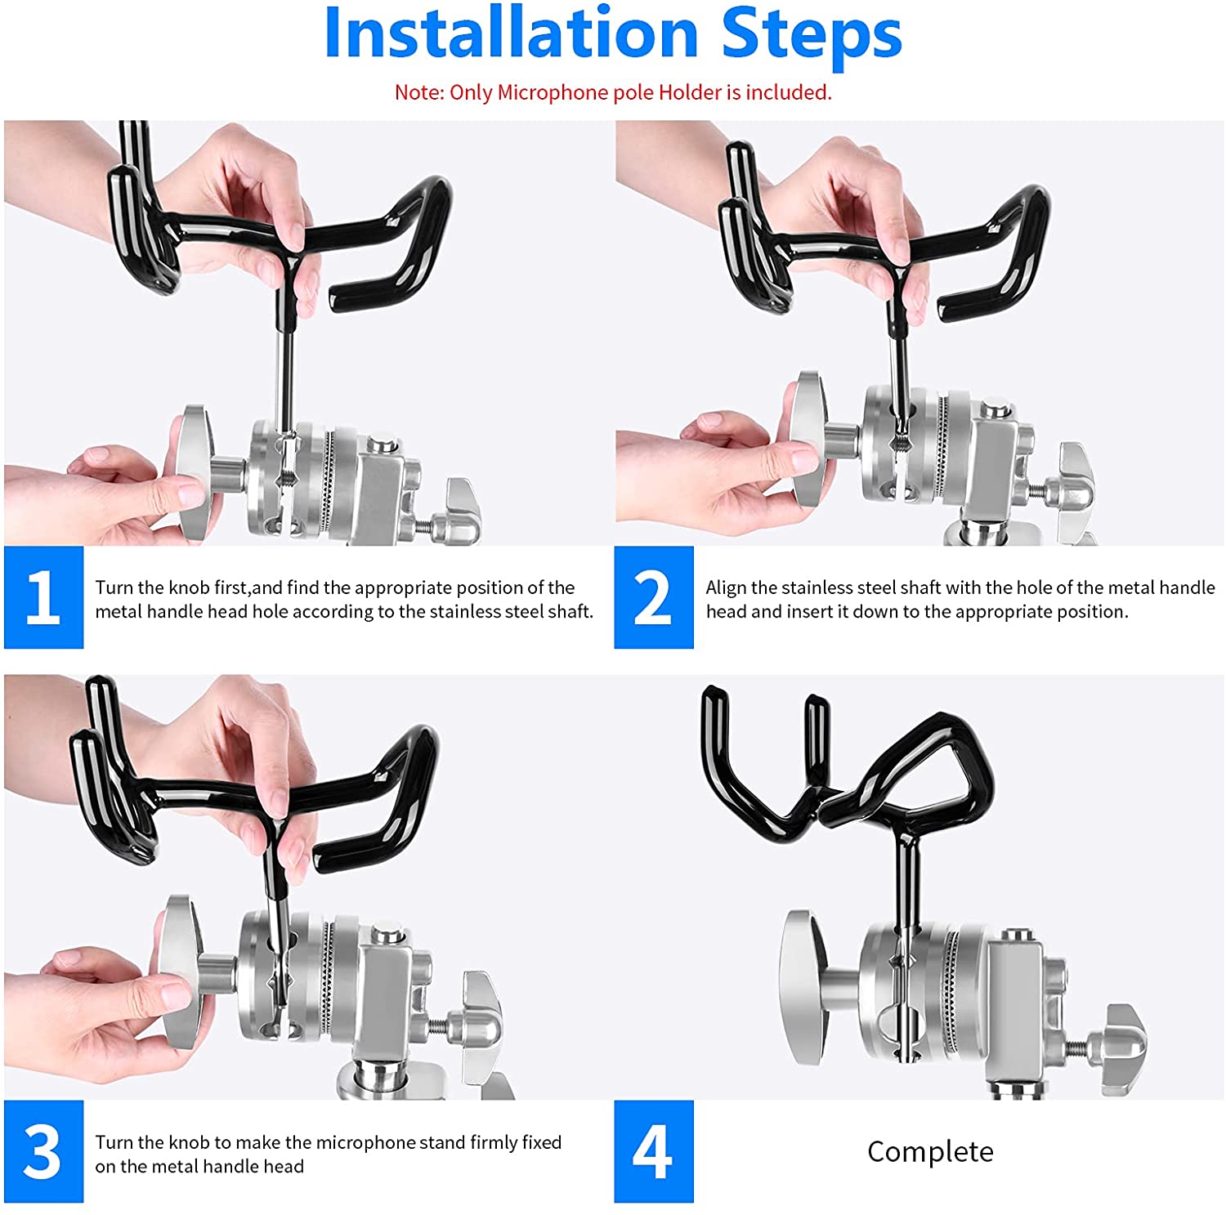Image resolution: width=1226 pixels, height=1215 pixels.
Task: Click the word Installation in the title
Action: pos(511,33)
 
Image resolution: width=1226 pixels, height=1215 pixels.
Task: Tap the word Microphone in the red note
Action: pos(553,92)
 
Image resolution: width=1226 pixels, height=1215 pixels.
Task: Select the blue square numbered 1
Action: pos(43,597)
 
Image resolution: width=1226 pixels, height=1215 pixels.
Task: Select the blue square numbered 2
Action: pos(654,597)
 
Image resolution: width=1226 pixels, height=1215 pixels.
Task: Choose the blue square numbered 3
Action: pos(43,1151)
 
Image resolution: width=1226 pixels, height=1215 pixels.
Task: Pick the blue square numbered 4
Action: pos(654,1151)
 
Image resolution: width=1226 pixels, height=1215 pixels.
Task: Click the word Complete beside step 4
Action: pos(930,1151)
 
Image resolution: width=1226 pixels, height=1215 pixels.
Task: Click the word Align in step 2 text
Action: pos(727,587)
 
